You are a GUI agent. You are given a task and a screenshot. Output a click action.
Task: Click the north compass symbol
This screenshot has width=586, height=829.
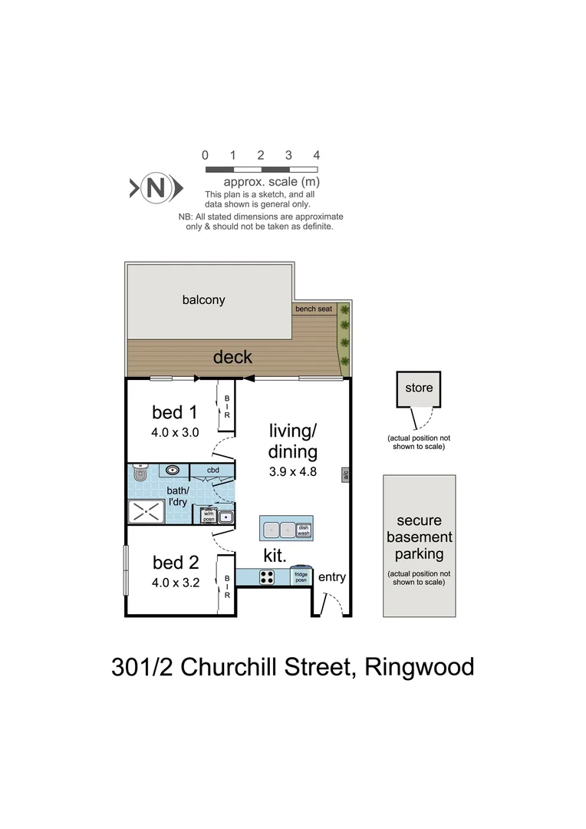pyautogui.click(x=156, y=187)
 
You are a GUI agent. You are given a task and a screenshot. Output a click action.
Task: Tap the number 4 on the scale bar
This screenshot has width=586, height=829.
pyautogui.click(x=317, y=155)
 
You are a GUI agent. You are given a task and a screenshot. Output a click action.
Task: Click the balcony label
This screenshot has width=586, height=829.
pyautogui.click(x=203, y=299)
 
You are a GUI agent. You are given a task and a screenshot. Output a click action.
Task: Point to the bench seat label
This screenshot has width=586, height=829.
pyautogui.click(x=313, y=309)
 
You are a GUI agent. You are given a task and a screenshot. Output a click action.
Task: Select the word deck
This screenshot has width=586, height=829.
pyautogui.click(x=232, y=357)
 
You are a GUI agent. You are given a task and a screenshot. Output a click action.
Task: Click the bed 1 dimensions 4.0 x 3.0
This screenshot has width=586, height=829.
pyautogui.click(x=175, y=432)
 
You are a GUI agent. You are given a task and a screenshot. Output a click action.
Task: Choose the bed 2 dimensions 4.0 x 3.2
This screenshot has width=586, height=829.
pyautogui.click(x=175, y=582)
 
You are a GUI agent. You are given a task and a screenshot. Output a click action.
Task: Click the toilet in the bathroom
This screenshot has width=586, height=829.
pyautogui.click(x=138, y=473)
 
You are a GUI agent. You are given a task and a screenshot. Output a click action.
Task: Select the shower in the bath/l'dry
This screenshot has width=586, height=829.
pyautogui.click(x=146, y=512)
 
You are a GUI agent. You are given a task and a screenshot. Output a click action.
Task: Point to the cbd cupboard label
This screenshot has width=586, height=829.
pyautogui.click(x=212, y=470)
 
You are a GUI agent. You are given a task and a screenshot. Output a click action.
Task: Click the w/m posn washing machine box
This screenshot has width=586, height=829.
pyautogui.click(x=209, y=517)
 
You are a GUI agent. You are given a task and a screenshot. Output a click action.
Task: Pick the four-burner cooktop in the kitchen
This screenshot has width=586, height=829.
pyautogui.click(x=267, y=577)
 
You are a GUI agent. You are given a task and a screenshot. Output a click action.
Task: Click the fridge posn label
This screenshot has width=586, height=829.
pyautogui.click(x=300, y=577)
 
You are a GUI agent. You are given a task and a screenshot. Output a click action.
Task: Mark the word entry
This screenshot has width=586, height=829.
pyautogui.click(x=331, y=577)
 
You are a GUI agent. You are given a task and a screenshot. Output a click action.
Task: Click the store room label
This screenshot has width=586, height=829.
pyautogui.click(x=419, y=387)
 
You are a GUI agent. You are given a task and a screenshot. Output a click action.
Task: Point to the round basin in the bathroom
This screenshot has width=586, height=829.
pyautogui.click(x=172, y=470)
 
